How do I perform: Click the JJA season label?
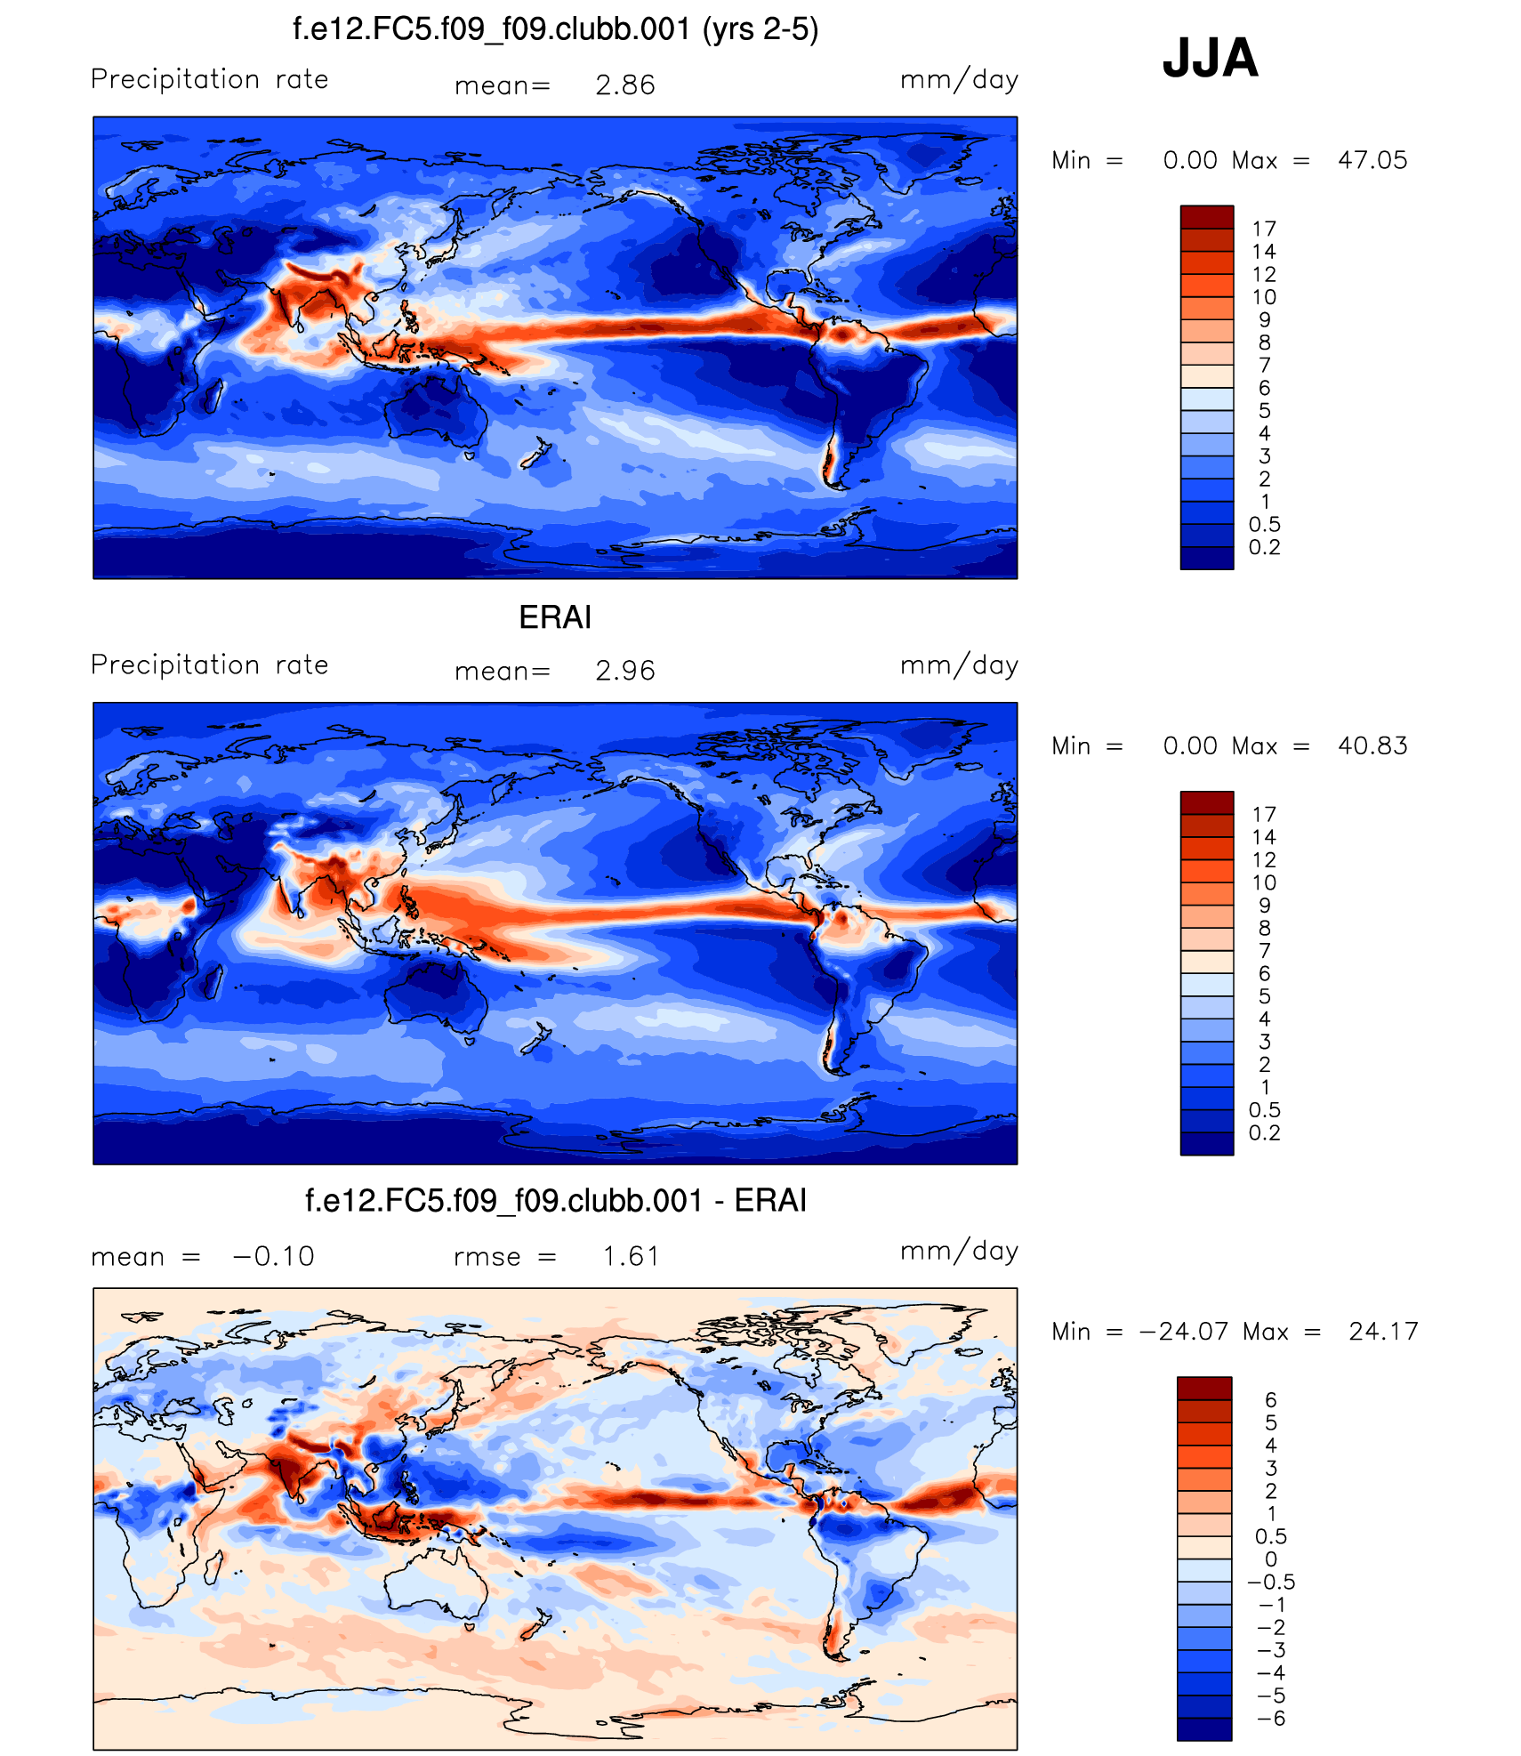pyautogui.click(x=1210, y=59)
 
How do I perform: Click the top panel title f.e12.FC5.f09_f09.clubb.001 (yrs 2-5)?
pyautogui.click(x=555, y=29)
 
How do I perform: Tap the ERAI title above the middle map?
pyautogui.click(x=555, y=617)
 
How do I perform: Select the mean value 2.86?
pyautogui.click(x=624, y=85)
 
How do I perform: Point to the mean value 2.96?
pyautogui.click(x=624, y=671)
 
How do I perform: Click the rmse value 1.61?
pyautogui.click(x=631, y=1256)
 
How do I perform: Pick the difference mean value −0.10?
pyautogui.click(x=273, y=1256)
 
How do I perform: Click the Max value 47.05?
pyautogui.click(x=1372, y=160)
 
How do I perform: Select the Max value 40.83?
pyautogui.click(x=1372, y=745)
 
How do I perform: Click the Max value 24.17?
pyautogui.click(x=1383, y=1332)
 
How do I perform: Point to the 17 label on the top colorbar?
pyautogui.click(x=1264, y=229)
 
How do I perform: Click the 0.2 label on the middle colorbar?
pyautogui.click(x=1264, y=1132)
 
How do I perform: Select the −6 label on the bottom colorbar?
pyautogui.click(x=1271, y=1718)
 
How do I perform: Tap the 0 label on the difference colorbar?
pyautogui.click(x=1271, y=1559)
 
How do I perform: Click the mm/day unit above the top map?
pyautogui.click(x=959, y=80)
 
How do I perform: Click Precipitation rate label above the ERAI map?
pyautogui.click(x=210, y=665)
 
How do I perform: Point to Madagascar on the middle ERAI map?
pyautogui.click(x=213, y=982)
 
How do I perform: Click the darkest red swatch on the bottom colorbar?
pyautogui.click(x=1204, y=1388)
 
